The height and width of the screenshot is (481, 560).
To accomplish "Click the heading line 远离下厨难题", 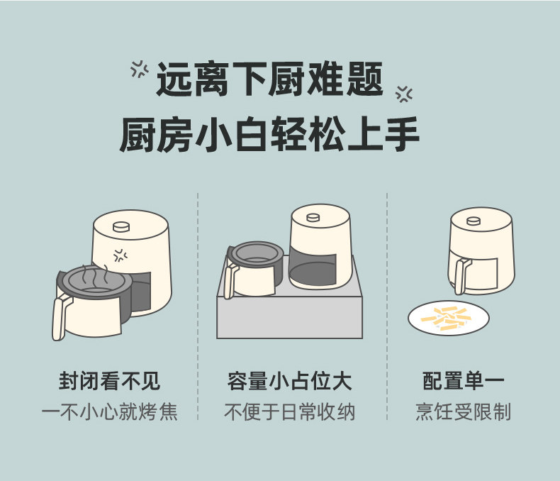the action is tap(270, 79).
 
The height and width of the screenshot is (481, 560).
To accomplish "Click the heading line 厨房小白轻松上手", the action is tap(269, 134).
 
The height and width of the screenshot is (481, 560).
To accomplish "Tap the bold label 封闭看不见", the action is tap(110, 381).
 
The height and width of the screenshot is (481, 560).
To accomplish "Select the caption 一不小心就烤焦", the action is tap(110, 411).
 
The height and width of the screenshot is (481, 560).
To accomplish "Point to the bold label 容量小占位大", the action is tap(290, 381).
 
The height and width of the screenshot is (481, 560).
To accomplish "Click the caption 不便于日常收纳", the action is tap(290, 411).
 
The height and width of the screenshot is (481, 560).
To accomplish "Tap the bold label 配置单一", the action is tap(463, 381).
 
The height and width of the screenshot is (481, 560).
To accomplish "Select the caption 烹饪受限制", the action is tap(463, 411).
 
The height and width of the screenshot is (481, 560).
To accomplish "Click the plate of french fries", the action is tap(449, 318).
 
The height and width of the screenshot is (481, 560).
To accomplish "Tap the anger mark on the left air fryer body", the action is tap(121, 255).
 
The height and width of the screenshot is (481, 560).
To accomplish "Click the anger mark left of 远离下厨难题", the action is tap(140, 69).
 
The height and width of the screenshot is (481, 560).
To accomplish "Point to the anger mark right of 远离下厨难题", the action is tap(404, 94).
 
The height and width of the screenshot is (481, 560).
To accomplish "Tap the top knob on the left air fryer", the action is tap(121, 226).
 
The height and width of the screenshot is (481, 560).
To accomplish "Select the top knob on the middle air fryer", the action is tap(313, 217).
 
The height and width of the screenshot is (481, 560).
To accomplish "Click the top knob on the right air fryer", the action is tap(474, 221).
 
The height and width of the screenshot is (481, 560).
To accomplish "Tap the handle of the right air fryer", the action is tap(462, 276).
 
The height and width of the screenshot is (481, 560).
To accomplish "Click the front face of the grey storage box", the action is tap(290, 317).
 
